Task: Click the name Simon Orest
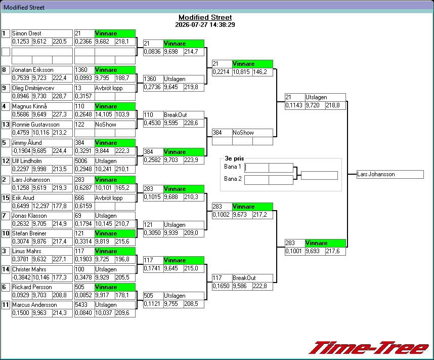click(27, 33)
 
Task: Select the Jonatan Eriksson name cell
click(42, 70)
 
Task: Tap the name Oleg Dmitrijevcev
click(33, 88)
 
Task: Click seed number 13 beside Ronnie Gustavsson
click(6, 125)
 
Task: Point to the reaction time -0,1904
click(22, 151)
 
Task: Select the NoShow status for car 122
click(105, 125)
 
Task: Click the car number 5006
click(81, 161)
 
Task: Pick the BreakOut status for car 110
click(175, 115)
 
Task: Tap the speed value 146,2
click(260, 72)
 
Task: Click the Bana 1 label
click(233, 167)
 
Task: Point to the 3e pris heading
click(234, 158)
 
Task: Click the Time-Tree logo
click(369, 348)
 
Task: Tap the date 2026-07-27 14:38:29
click(205, 25)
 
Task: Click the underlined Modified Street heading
click(205, 17)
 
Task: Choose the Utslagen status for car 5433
click(106, 305)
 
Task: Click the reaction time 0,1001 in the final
click(294, 251)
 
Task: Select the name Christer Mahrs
click(29, 269)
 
